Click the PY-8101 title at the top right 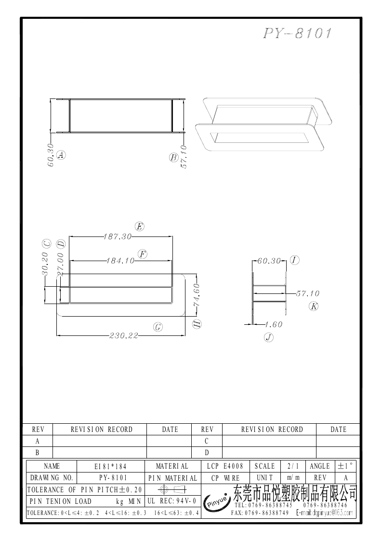click(x=297, y=33)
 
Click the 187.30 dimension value click(x=118, y=237)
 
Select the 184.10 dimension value click(x=120, y=261)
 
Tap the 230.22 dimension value click(x=124, y=335)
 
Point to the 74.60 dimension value click(x=197, y=295)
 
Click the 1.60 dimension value click(x=274, y=324)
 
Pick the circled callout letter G click(x=158, y=327)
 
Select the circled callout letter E click(x=139, y=226)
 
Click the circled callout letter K click(x=314, y=306)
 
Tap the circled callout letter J click(x=268, y=337)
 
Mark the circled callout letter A click(x=61, y=155)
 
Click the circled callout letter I click(x=294, y=260)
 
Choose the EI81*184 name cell click(x=110, y=466)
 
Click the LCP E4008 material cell click(x=225, y=466)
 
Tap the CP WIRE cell click(x=225, y=478)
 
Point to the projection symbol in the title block click(x=172, y=489)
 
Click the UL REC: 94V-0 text click(x=172, y=501)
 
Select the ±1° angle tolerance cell click(x=346, y=466)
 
